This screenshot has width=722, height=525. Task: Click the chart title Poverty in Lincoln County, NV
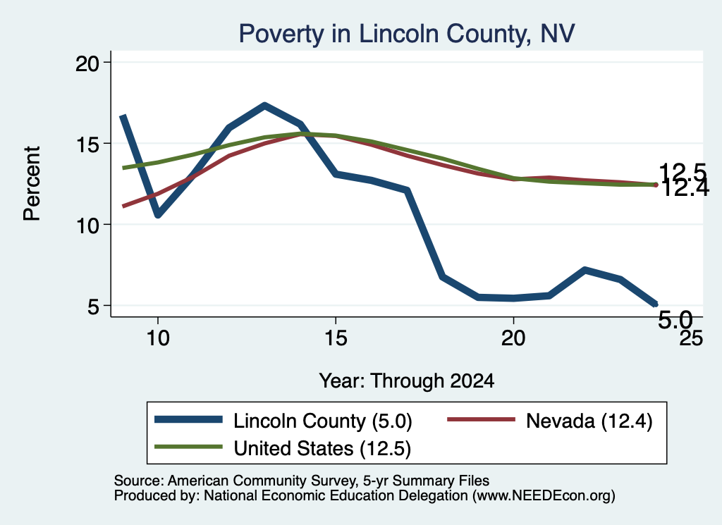pyautogui.click(x=407, y=34)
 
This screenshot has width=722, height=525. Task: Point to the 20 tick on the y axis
pyautogui.click(x=87, y=63)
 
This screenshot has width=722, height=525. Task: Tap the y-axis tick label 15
pyautogui.click(x=87, y=144)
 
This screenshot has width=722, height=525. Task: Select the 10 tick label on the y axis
pyautogui.click(x=87, y=226)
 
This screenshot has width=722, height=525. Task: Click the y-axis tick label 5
pyautogui.click(x=94, y=307)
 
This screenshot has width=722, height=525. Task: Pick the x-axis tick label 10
pyautogui.click(x=158, y=338)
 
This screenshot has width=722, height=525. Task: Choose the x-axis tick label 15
pyautogui.click(x=336, y=338)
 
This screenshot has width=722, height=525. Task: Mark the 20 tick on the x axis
pyautogui.click(x=513, y=338)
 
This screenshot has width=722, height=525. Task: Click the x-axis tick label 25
pyautogui.click(x=691, y=338)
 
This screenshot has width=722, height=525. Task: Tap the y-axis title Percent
pyautogui.click(x=32, y=184)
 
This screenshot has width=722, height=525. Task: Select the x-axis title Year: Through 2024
pyautogui.click(x=407, y=381)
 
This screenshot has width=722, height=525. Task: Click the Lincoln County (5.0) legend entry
pyautogui.click(x=283, y=421)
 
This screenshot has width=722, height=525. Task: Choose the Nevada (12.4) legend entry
pyautogui.click(x=550, y=421)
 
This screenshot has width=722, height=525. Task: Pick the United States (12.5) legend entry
pyautogui.click(x=283, y=448)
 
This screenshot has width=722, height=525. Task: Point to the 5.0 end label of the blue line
pyautogui.click(x=675, y=319)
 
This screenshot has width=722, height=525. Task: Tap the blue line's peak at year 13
pyautogui.click(x=264, y=106)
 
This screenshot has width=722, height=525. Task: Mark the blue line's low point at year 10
pyautogui.click(x=158, y=214)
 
